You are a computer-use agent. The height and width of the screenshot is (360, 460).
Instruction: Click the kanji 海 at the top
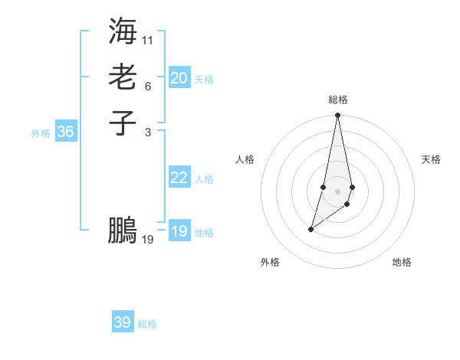tap(123, 31)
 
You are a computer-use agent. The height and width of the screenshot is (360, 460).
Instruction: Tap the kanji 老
tap(123, 77)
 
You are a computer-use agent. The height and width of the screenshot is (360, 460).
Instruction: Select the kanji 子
tap(123, 123)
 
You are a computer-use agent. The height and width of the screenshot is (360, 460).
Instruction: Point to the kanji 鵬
tap(123, 230)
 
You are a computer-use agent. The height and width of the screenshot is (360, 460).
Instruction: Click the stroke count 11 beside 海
tap(148, 39)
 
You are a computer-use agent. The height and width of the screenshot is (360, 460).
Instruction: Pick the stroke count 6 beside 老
tap(148, 87)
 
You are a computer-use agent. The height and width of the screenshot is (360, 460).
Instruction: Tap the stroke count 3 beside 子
tap(148, 132)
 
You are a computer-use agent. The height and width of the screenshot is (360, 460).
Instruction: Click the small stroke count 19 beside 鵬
tap(148, 240)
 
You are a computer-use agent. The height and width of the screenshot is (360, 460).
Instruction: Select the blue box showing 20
tap(179, 78)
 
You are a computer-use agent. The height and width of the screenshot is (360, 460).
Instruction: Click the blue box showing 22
tap(179, 178)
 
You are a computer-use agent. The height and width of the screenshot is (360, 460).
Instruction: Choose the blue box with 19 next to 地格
tap(179, 231)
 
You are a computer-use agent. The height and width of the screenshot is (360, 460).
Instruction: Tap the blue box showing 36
tap(65, 132)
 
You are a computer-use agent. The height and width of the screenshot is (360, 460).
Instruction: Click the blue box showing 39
tap(122, 322)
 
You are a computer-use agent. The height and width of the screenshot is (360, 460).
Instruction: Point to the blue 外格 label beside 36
tap(41, 133)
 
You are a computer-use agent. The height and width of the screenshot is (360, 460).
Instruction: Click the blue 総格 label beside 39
tap(147, 324)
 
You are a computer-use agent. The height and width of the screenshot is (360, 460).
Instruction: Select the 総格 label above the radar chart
tap(337, 100)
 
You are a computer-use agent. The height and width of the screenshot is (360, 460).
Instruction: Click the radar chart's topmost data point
tap(337, 116)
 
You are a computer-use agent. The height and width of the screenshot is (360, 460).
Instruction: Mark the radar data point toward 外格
tap(311, 229)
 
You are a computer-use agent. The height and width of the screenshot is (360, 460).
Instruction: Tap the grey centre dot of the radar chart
tap(337, 191)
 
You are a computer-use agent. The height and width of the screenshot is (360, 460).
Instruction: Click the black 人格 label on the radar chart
tap(245, 159)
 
